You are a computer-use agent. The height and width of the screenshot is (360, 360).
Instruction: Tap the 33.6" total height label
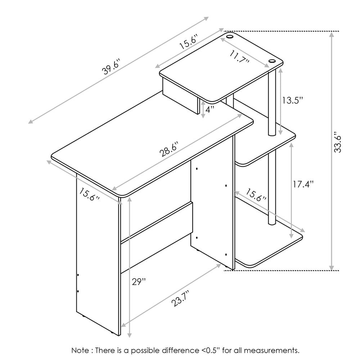click(338, 142)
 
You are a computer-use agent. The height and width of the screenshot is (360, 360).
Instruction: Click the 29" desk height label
click(139, 282)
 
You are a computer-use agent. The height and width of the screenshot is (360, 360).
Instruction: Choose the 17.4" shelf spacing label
click(303, 184)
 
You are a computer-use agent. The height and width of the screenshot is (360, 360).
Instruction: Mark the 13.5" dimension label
click(292, 100)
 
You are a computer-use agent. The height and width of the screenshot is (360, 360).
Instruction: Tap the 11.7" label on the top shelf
click(240, 57)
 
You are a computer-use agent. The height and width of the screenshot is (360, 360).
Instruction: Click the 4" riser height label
click(210, 109)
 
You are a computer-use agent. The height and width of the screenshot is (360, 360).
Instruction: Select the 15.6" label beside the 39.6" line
click(189, 42)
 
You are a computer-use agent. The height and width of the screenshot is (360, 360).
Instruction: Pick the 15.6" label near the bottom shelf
click(256, 195)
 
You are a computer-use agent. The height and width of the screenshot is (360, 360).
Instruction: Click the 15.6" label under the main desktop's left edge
click(89, 194)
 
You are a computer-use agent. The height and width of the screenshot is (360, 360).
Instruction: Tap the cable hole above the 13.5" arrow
click(272, 61)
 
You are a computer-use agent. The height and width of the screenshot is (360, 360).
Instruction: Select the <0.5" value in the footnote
click(211, 350)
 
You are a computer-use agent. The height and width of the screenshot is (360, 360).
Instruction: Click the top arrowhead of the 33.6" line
click(331, 35)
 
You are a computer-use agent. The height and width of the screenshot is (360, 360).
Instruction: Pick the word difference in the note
click(181, 350)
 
